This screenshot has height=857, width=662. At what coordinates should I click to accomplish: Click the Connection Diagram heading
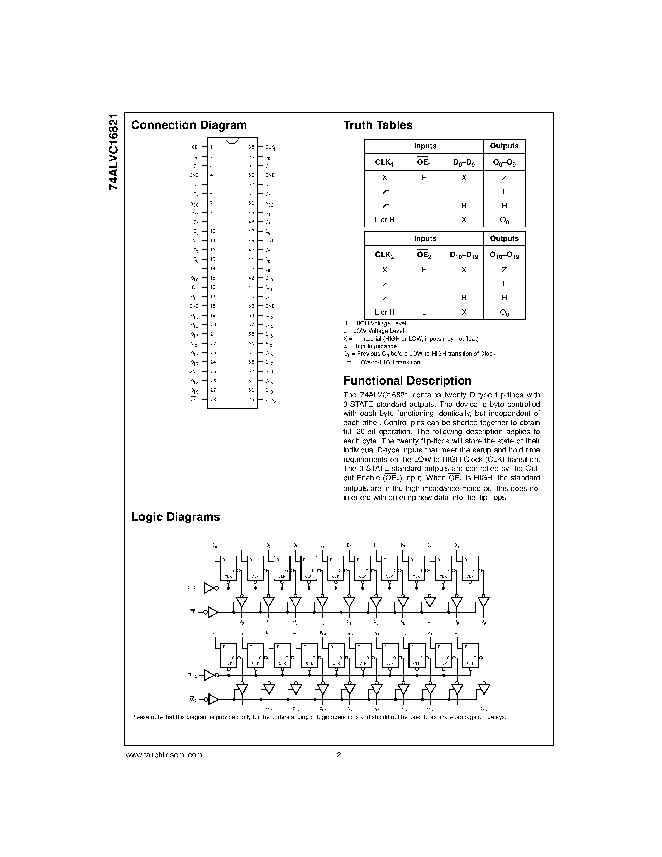click(189, 125)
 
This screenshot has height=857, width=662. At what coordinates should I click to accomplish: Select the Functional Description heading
click(407, 381)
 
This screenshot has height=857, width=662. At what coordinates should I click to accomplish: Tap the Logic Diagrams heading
click(175, 517)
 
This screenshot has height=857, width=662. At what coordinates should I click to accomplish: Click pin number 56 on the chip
click(251, 147)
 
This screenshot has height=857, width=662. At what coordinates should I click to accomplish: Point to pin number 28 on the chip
click(213, 400)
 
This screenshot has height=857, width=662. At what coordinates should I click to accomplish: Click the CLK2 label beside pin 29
click(271, 400)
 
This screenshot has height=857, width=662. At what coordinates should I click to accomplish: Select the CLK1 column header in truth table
click(384, 162)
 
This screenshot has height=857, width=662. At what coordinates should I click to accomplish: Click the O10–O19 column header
click(504, 256)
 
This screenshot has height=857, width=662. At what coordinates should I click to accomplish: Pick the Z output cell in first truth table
click(504, 178)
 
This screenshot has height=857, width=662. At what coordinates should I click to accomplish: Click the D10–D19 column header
click(464, 256)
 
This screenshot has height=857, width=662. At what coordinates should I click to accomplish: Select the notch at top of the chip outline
click(232, 141)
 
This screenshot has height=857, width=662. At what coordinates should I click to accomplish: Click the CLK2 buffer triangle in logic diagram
click(209, 675)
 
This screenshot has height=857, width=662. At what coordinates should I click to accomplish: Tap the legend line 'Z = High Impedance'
click(369, 346)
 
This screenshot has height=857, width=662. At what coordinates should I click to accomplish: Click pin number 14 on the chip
click(213, 269)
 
